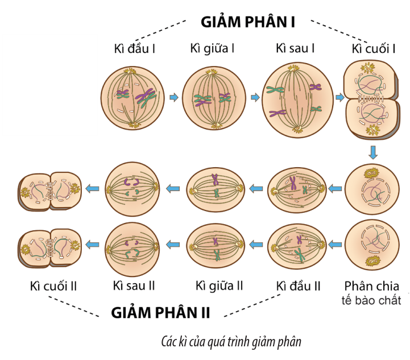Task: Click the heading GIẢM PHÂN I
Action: tap(248, 22)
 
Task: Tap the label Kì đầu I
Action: tap(135, 49)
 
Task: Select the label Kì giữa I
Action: tap(213, 49)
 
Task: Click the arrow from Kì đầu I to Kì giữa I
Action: tap(175, 98)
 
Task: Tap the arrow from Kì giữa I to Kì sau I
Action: tap(255, 98)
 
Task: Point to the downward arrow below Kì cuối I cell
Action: tap(373, 152)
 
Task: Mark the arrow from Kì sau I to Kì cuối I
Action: tap(339, 98)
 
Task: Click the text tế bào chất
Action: tap(373, 300)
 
